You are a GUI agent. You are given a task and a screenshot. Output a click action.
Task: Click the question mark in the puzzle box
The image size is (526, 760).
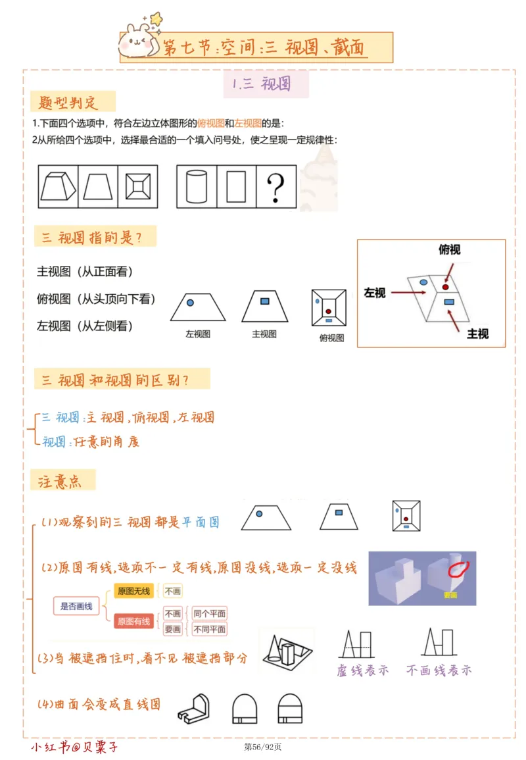[x=275, y=186]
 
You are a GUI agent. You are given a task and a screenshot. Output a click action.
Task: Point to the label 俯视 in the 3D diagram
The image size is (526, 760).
[x=449, y=249]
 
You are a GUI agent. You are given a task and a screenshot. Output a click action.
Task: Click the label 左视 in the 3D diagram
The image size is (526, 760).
[x=375, y=293]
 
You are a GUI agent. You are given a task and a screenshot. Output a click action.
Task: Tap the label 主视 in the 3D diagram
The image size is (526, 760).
[x=477, y=334]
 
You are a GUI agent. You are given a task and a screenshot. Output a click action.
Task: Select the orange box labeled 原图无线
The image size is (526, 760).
[x=133, y=591]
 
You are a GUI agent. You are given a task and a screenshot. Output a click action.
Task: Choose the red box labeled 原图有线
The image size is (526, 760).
[x=133, y=621]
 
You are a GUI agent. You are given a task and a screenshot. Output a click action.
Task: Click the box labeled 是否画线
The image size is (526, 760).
[x=76, y=606]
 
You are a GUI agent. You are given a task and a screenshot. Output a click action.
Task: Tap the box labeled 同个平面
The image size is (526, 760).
[x=210, y=614]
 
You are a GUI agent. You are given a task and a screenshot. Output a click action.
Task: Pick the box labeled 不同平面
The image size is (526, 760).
[x=210, y=630]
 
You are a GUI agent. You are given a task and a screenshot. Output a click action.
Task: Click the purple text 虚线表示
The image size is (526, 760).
[x=362, y=670]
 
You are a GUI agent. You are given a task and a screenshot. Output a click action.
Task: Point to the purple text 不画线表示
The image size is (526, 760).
[x=439, y=670]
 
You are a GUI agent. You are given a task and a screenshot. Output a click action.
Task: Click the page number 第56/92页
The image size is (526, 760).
[x=262, y=747]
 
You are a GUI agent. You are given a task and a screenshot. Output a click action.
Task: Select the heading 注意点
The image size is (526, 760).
[x=60, y=481]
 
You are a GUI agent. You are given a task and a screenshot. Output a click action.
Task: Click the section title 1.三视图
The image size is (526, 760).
[x=261, y=84]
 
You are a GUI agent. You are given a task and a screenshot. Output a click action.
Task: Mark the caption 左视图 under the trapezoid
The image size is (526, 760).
[x=197, y=334]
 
